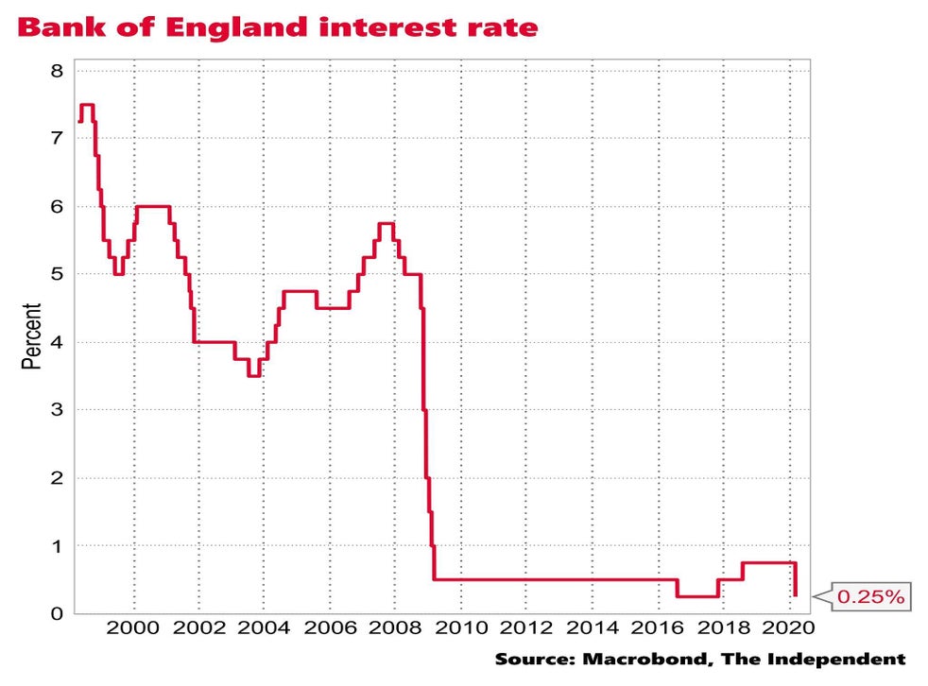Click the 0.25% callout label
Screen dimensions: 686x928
pos(871,596)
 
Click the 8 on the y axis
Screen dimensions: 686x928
pos(56,71)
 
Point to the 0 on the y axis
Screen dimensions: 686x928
pos(56,614)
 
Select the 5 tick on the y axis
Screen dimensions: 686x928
pos(56,275)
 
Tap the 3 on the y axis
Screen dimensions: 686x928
pos(56,410)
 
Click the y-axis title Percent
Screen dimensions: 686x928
pos(31,335)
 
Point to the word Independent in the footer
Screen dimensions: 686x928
pos(848,659)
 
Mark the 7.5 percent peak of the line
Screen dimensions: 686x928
pos(87,105)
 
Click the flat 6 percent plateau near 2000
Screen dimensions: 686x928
pos(153,206)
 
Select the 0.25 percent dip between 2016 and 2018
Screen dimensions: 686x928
pos(697,596)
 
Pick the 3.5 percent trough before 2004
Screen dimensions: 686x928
pos(253,376)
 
